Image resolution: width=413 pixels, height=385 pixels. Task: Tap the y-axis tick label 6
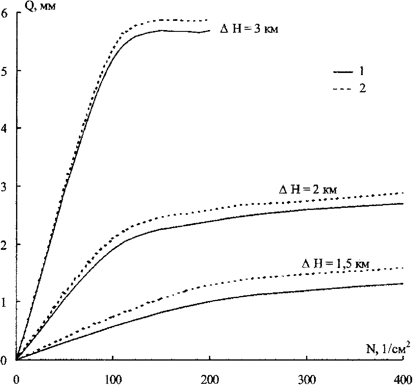[5, 13]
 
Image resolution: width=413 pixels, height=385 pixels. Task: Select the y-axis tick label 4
[5, 128]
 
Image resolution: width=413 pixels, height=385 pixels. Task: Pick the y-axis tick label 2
[5, 244]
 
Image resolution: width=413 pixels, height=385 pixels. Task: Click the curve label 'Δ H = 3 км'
[249, 29]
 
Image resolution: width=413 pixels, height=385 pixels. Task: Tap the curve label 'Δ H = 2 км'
[308, 190]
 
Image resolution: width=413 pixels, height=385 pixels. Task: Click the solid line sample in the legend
[342, 72]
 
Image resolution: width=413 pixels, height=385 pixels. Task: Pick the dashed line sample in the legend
[342, 89]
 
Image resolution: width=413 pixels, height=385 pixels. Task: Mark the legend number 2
[362, 89]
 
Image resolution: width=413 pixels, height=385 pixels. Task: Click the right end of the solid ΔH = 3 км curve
[210, 30]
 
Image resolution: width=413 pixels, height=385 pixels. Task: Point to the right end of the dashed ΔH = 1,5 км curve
[403, 268]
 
